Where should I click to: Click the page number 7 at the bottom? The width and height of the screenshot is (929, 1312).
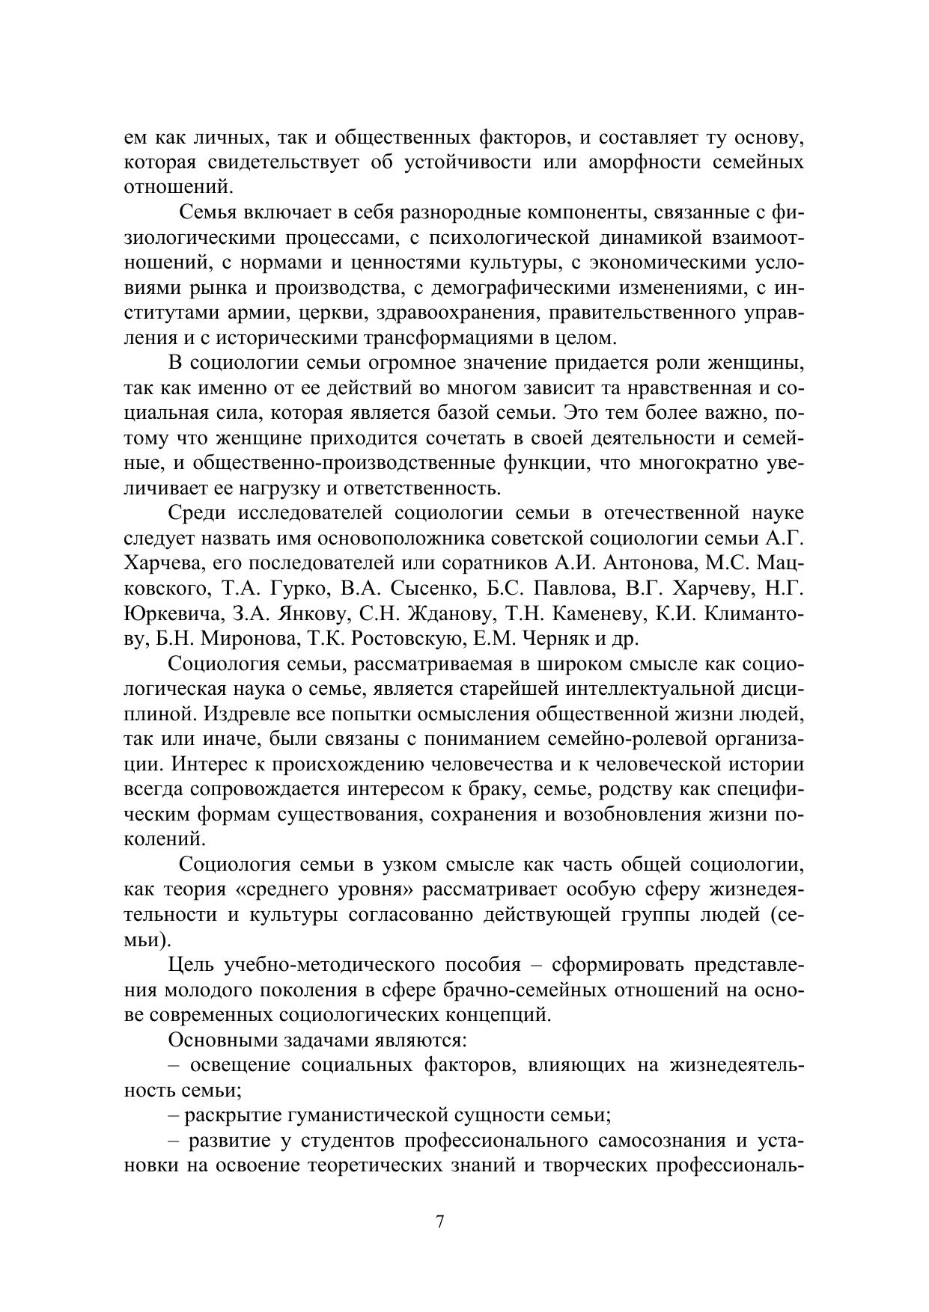(x=440, y=1221)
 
